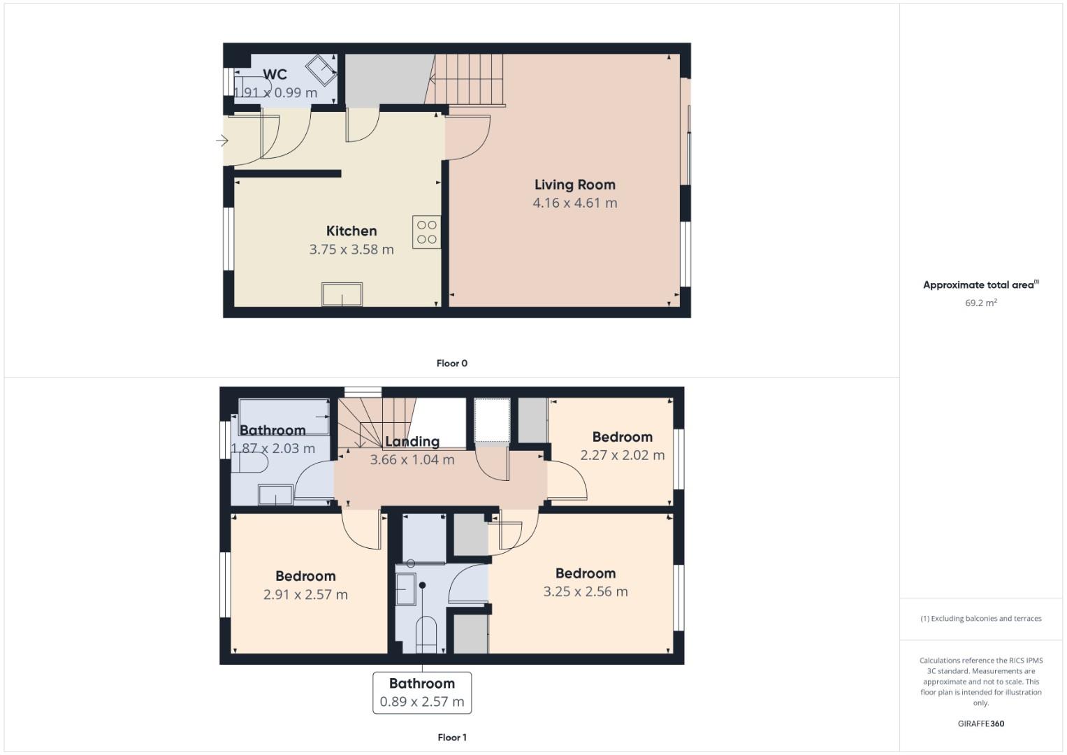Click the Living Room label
click(574, 185)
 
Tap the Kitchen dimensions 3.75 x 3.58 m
click(351, 250)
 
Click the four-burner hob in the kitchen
click(426, 232)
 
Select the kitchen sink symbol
click(342, 294)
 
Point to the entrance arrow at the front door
click(222, 141)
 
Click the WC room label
click(275, 74)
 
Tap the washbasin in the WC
click(320, 68)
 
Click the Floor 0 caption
click(451, 364)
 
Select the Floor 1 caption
click(451, 738)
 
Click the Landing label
click(412, 442)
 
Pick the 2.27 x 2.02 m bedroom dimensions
click(622, 455)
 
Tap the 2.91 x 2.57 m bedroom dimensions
click(305, 595)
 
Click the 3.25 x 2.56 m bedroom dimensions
click(586, 592)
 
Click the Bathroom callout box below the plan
click(422, 693)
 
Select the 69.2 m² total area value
click(980, 303)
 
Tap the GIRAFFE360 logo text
click(980, 724)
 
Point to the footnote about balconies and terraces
click(980, 619)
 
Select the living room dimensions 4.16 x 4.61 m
click(574, 203)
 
